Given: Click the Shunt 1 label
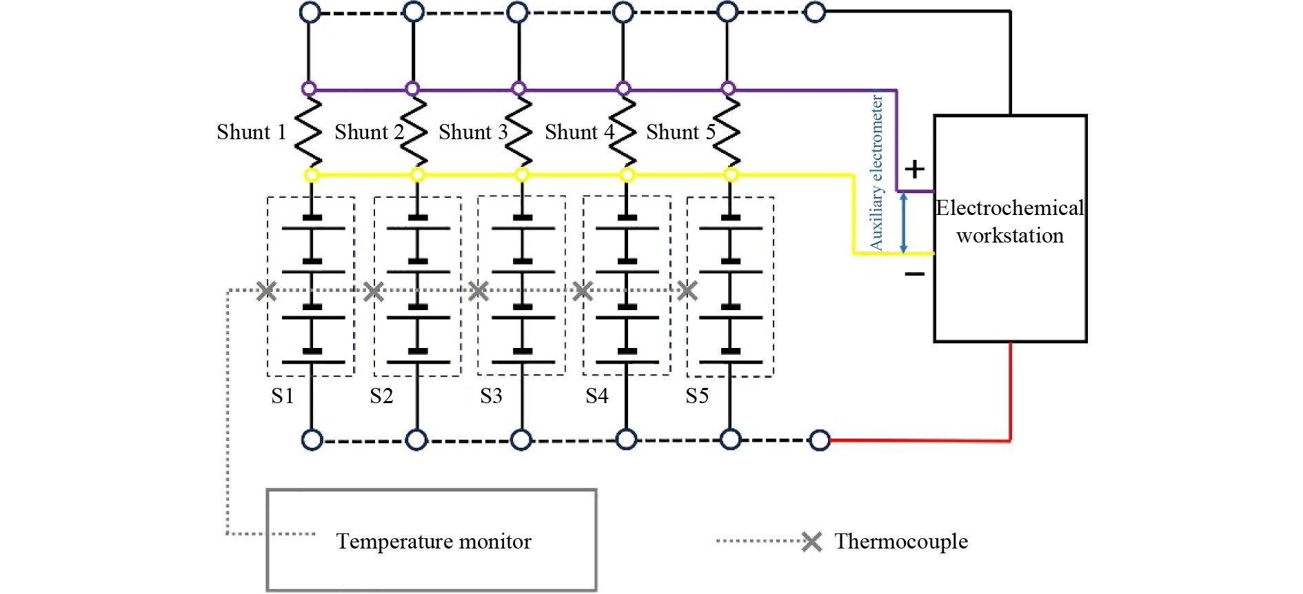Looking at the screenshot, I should [x=251, y=132].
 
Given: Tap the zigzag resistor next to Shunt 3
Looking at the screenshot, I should [x=520, y=132].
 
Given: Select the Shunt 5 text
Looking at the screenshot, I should [x=680, y=132].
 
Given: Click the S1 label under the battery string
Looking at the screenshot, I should [x=283, y=396].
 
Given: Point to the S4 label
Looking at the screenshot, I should [x=597, y=396].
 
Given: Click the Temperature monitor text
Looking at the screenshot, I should [x=434, y=542].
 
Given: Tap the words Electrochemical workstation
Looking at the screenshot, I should [x=1010, y=222].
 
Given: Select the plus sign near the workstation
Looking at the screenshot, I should [x=915, y=169].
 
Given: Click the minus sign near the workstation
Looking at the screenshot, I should [x=915, y=274].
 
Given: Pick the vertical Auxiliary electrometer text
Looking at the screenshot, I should [x=876, y=172].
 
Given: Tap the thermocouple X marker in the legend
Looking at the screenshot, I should [x=812, y=542].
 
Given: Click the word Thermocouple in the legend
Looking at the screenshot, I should [x=901, y=542].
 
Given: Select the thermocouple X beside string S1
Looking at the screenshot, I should [x=267, y=291].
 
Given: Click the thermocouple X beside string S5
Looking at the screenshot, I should [x=687, y=291].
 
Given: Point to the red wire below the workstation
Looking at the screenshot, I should [x=1011, y=393].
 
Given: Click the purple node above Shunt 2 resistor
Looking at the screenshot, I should [x=412, y=89].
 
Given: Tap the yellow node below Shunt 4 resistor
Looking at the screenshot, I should [x=627, y=175].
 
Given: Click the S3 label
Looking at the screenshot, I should [x=491, y=396].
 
